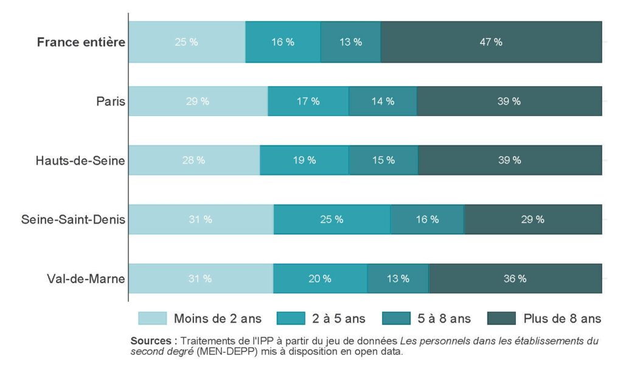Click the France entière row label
(x=81, y=43)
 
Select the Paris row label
(x=111, y=101)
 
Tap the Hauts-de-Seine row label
(x=80, y=160)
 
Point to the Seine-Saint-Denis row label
(x=73, y=219)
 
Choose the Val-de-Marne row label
(x=86, y=279)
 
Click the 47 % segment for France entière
(x=490, y=42)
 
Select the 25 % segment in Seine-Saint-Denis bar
(x=332, y=219)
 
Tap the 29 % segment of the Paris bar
(x=198, y=101)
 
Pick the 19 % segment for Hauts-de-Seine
(x=304, y=160)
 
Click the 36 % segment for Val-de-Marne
(x=515, y=279)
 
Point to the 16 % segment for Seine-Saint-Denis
(x=427, y=219)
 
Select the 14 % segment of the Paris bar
(x=383, y=101)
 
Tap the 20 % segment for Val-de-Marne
(x=320, y=279)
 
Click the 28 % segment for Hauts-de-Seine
(x=194, y=160)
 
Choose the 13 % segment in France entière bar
(x=350, y=42)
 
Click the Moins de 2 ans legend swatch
(x=152, y=318)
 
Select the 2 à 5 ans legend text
(x=339, y=318)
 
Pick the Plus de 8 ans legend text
(x=562, y=318)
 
